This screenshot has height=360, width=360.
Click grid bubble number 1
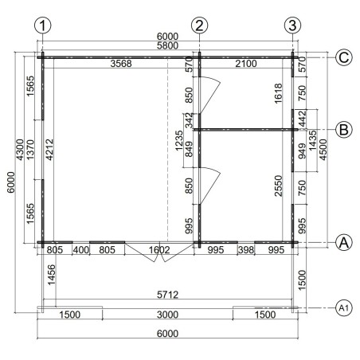point(42,25)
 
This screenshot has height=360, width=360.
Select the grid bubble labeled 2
point(199,25)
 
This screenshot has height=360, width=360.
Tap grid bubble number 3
point(292,25)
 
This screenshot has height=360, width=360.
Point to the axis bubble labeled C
point(344,57)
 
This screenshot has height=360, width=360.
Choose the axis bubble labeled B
point(344,130)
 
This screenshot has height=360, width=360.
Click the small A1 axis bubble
point(344,308)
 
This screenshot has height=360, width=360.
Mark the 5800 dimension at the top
point(167,45)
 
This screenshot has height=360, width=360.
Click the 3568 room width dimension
point(121,64)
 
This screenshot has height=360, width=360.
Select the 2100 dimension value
point(246,64)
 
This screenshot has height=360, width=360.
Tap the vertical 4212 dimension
point(49,150)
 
